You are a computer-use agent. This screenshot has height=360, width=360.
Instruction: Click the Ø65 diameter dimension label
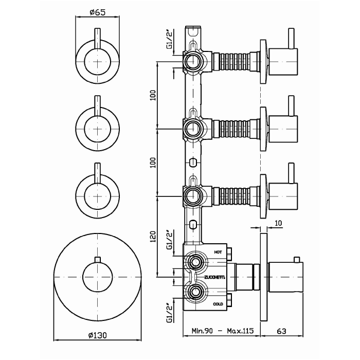pos(97,12)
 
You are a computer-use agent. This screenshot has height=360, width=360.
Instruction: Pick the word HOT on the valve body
pos(218,253)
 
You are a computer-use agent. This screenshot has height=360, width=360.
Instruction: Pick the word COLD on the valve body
pos(218,304)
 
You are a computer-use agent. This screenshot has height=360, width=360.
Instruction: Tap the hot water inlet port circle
pos(194,263)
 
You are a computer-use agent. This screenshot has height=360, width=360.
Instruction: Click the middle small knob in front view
pos(97,125)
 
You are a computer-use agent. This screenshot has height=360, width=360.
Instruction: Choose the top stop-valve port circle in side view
pos(194,61)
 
